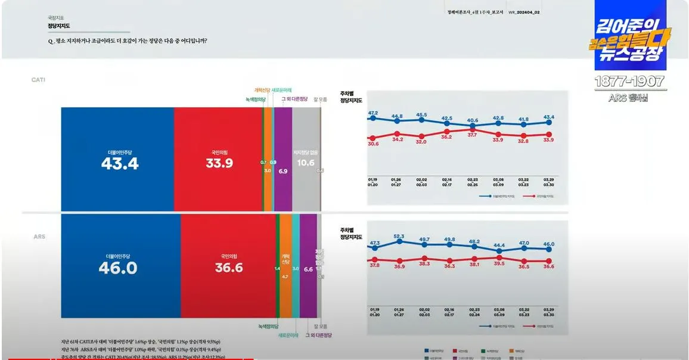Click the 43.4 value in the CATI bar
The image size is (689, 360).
click(120, 163)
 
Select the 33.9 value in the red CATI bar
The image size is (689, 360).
click(219, 163)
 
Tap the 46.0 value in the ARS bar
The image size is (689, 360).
click(118, 268)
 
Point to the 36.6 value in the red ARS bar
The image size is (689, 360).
click(229, 268)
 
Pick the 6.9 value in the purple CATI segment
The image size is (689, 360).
click(283, 171)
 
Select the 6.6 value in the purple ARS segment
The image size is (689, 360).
click(308, 270)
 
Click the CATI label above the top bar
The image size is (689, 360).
click(38, 79)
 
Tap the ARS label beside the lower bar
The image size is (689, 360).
click(39, 237)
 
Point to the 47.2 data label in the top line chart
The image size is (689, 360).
click(373, 113)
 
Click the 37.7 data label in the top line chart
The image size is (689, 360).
click(472, 135)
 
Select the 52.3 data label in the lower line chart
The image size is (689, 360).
click(399, 237)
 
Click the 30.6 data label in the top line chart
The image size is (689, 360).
click(373, 144)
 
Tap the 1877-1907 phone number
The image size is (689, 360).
click(631, 82)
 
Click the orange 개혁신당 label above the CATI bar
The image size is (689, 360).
click(263, 90)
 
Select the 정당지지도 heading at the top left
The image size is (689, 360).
click(58, 26)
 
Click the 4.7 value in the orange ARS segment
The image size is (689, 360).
click(285, 277)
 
